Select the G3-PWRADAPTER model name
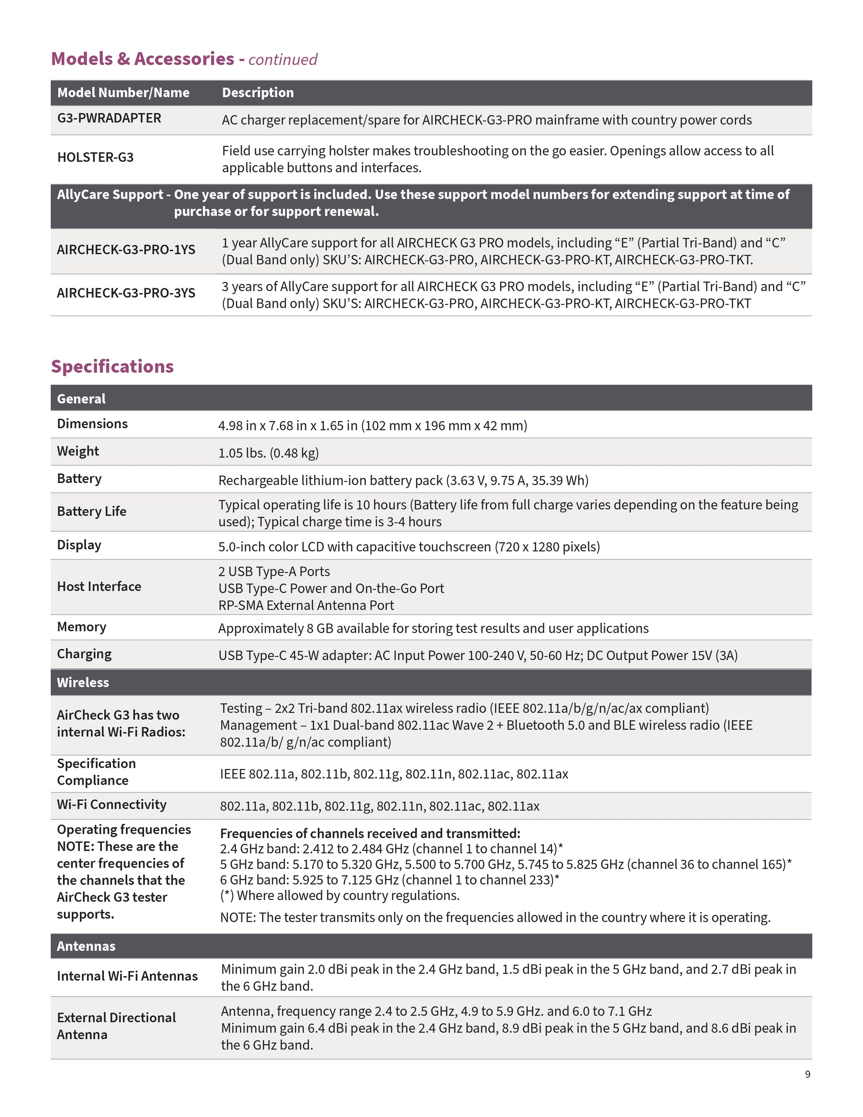[x=109, y=118]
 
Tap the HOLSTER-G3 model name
[x=95, y=157]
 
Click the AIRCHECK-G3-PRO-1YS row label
[x=126, y=250]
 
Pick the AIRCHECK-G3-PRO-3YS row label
[x=126, y=293]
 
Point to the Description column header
[x=258, y=93]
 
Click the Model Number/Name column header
[x=123, y=93]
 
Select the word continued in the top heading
[x=283, y=60]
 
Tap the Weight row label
[x=78, y=451]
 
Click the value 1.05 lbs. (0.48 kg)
[x=268, y=453]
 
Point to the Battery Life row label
[x=91, y=511]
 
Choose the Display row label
[x=79, y=545]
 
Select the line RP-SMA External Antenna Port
[x=306, y=606]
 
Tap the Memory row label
[x=81, y=627]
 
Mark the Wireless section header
[x=83, y=683]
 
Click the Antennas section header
[x=86, y=946]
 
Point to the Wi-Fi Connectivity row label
[x=111, y=805]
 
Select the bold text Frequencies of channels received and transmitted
[x=370, y=834]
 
